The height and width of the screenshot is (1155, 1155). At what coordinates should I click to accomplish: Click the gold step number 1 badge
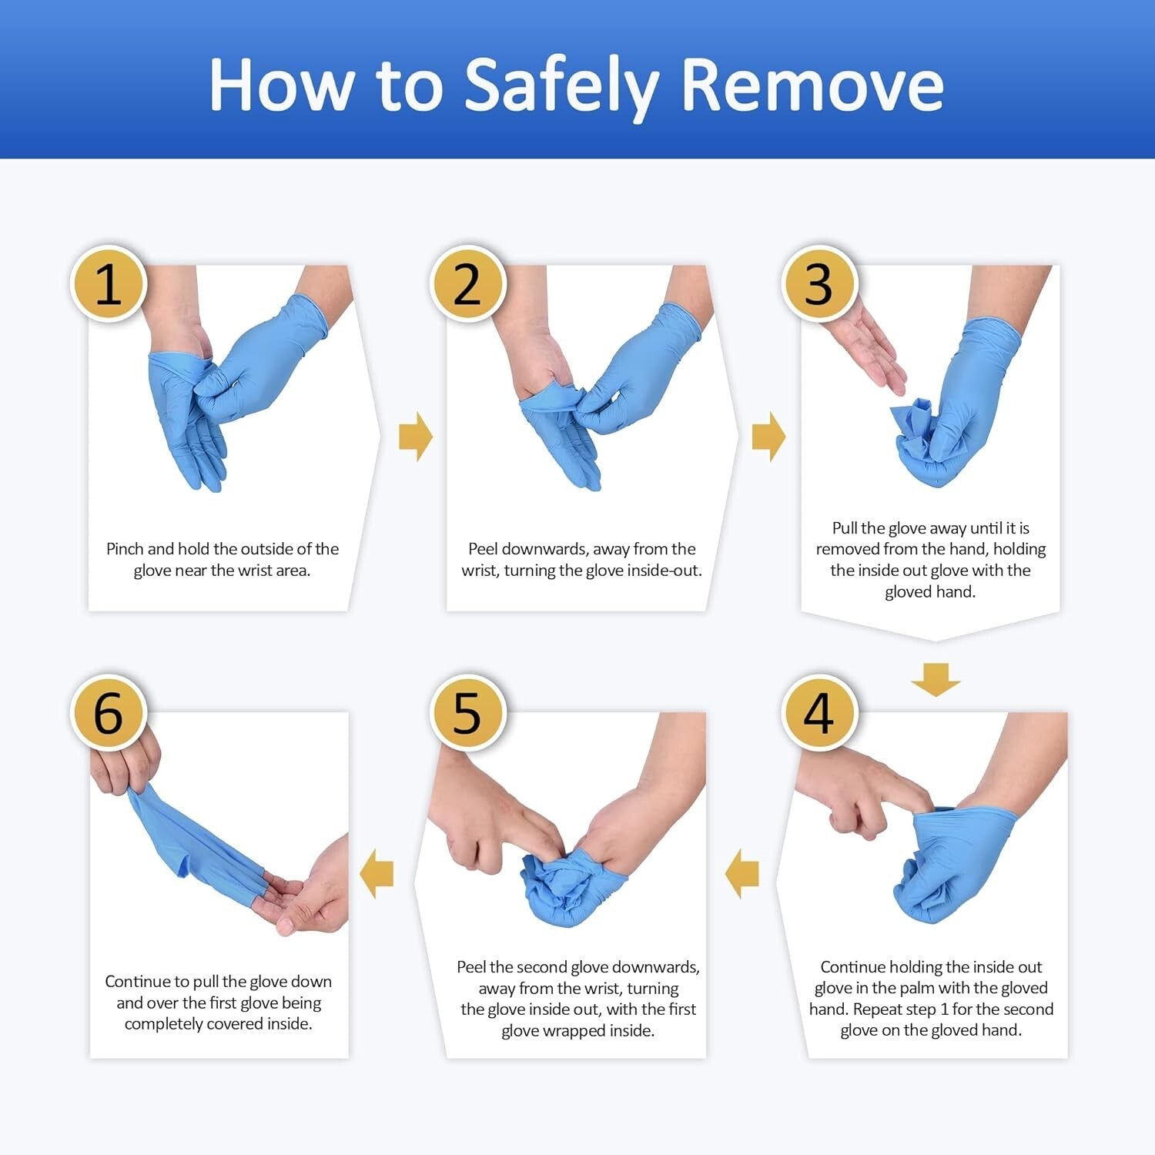pos(109,284)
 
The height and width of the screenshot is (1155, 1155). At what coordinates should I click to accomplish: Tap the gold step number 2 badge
pos(467,284)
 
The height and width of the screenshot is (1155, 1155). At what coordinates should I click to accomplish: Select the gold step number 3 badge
pos(819,284)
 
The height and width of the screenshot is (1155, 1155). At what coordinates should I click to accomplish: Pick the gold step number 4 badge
pos(819,712)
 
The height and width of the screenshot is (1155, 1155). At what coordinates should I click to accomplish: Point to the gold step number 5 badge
pos(467,712)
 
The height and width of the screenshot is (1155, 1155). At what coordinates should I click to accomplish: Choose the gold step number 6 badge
pos(109,712)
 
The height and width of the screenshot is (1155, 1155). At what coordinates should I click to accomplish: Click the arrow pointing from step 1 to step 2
pos(416,437)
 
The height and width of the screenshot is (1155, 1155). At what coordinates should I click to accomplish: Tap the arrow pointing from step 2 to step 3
pos(768,437)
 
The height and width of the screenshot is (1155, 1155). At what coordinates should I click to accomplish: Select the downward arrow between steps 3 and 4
pos(936,679)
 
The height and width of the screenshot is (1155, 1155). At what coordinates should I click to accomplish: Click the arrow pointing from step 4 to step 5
pos(742,874)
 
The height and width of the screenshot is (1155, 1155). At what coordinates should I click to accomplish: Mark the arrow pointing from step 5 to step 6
pos(377,874)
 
